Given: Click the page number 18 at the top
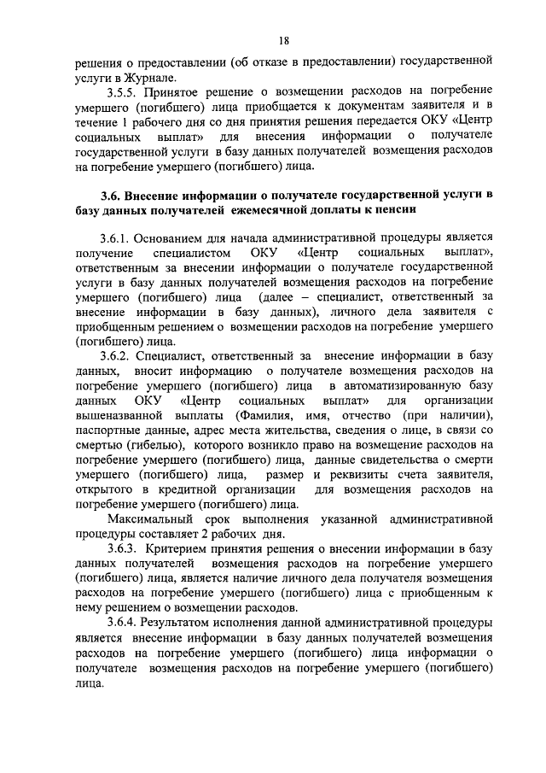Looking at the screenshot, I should (283, 39).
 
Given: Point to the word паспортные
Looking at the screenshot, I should (106, 430).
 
